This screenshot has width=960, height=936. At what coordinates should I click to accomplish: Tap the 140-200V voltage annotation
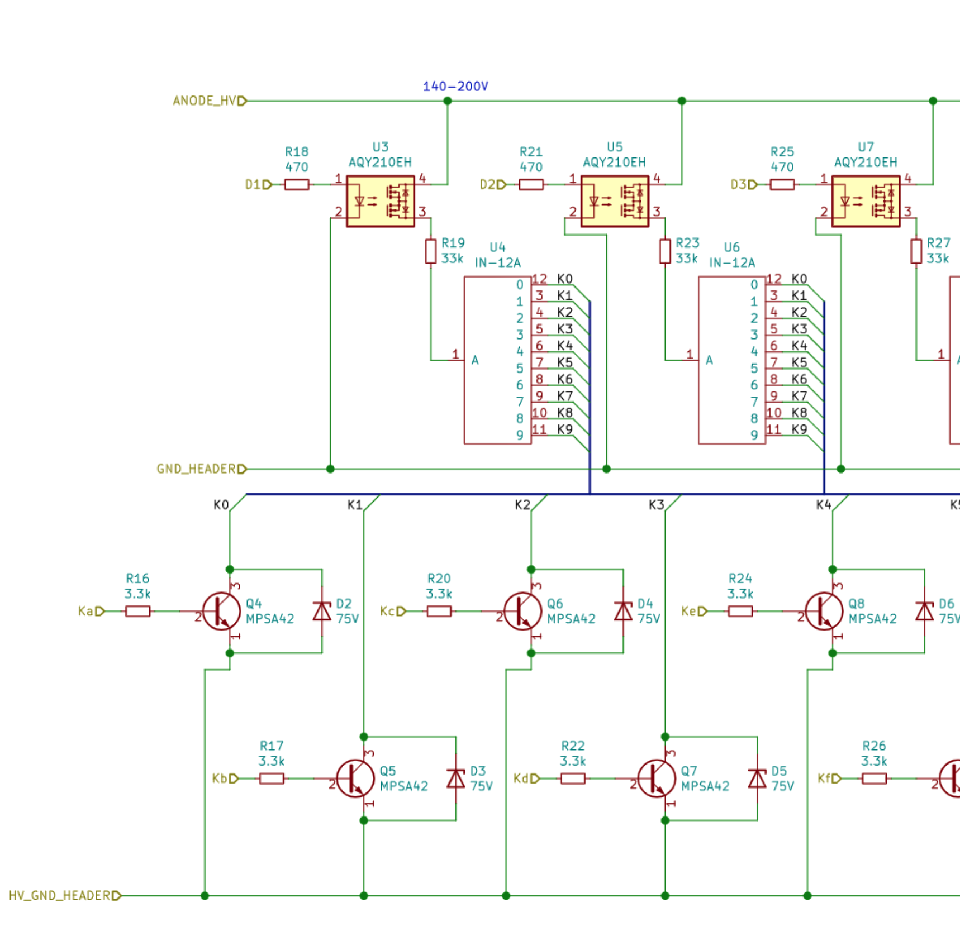455,87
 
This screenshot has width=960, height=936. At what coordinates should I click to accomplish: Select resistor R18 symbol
297,184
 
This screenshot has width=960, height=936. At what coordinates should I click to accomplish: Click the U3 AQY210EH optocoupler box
380,201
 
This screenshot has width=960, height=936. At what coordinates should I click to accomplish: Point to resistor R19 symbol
430,251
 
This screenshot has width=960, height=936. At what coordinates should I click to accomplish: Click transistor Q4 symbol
221,612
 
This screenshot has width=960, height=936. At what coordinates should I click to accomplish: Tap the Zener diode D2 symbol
322,612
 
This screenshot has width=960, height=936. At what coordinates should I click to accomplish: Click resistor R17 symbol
272,779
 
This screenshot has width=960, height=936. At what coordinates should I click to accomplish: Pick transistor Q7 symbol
657,779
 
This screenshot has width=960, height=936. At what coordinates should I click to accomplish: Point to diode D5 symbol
757,779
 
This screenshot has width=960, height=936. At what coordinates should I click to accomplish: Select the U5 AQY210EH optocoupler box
615,201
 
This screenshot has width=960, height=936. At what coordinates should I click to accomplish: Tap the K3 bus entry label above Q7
656,505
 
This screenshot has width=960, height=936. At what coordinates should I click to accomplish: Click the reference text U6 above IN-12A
731,247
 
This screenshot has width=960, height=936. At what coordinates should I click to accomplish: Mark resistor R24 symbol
740,612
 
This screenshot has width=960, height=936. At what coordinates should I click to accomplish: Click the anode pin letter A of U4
475,360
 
